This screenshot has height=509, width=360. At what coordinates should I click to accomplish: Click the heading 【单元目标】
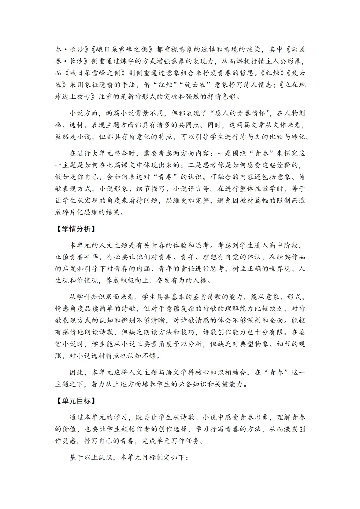pos(75,401)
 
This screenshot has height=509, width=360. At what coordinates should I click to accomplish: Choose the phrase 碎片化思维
pos(80,212)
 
